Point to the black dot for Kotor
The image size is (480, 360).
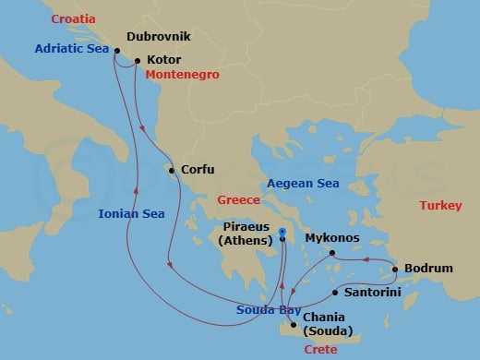pyautogui.click(x=138, y=62)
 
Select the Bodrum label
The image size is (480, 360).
pyautogui.click(x=430, y=269)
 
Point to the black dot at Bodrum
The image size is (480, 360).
pyautogui.click(x=396, y=270)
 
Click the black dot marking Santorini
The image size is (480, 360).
pyautogui.click(x=334, y=294)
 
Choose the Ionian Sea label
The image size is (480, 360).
pyautogui.click(x=131, y=214)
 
